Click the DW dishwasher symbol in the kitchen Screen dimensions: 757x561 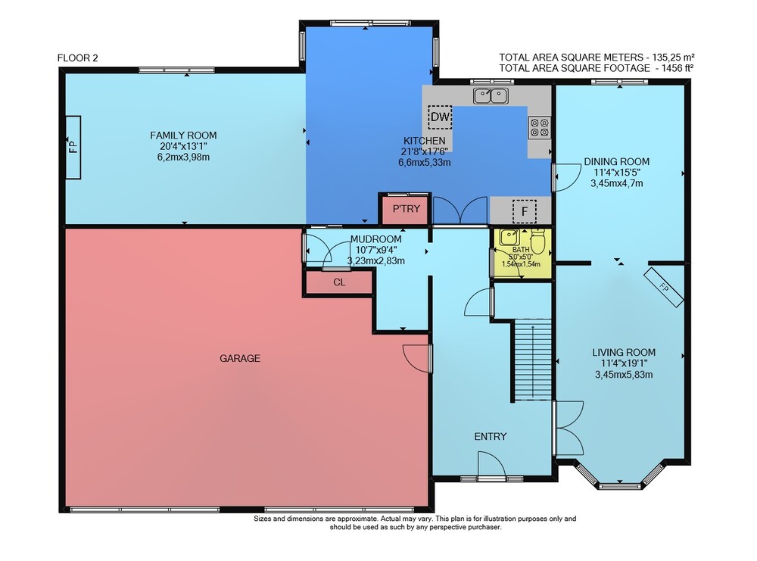coord(440,117)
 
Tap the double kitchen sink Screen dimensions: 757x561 coord(491,96)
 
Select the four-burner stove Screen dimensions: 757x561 coord(539,127)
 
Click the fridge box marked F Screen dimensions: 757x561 coord(525,211)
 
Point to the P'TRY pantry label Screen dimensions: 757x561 coord(406,208)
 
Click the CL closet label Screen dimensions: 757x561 coord(339,282)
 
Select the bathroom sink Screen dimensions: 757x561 coord(509,237)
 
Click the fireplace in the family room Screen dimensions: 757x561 coord(73,147)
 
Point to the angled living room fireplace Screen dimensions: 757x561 coord(664,287)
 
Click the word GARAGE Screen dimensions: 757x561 coord(240,358)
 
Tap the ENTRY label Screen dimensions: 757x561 coord(491,436)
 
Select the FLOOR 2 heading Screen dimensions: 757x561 coord(78,58)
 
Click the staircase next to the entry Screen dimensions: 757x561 coord(532,360)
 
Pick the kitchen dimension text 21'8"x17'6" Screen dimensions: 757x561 coord(425,151)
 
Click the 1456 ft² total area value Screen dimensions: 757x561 coord(674,68)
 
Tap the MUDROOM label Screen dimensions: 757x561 coord(375,239)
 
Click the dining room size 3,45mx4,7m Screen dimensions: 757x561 coord(616,183)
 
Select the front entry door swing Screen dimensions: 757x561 coord(491,463)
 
